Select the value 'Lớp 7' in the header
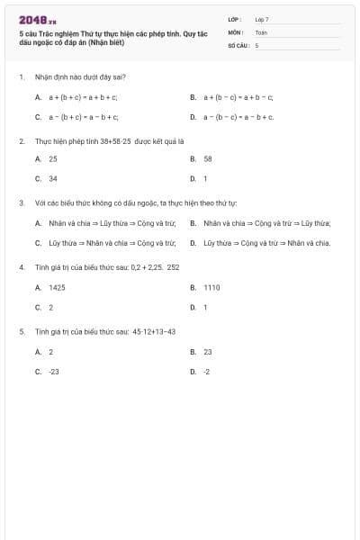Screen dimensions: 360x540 pos(262,18)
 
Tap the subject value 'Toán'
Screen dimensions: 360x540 pos(261,31)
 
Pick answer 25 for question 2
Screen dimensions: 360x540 pos(53,158)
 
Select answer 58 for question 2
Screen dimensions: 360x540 pos(207,158)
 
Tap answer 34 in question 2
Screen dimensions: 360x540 pos(53,178)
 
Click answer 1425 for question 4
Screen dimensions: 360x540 pos(57,287)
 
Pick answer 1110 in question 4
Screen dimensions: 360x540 pos(211,287)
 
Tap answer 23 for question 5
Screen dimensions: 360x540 pos(208,352)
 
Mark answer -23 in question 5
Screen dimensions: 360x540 pos(54,371)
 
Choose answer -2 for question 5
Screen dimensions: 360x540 pos(207,371)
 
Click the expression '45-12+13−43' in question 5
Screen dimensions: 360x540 pos(153,331)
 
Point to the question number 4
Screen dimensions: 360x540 pos(21,267)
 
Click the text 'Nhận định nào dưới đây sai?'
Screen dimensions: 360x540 pos(80,77)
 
